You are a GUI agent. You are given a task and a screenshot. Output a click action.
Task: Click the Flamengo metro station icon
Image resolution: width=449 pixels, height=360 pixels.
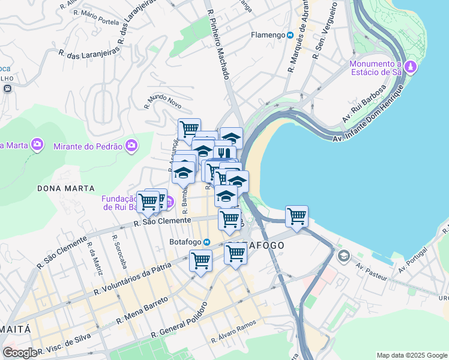click(x=290, y=35)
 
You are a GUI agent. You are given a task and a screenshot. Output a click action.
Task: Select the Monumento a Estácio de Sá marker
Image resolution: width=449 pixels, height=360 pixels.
click(x=411, y=67)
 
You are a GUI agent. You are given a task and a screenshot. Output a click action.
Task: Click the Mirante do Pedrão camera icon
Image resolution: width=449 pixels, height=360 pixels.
click(x=131, y=145)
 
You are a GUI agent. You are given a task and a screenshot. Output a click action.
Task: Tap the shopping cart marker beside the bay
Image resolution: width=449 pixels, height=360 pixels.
click(x=297, y=216)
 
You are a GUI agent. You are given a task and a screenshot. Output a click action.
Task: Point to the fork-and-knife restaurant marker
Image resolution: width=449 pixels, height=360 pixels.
click(x=224, y=154)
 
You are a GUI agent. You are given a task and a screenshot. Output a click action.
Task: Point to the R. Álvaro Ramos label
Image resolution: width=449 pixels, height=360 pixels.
click(x=234, y=331)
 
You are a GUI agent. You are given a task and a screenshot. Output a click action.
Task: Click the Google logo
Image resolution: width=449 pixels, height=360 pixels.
click(x=21, y=353)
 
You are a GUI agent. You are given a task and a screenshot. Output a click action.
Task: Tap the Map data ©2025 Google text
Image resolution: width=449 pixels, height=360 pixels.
click(x=411, y=355)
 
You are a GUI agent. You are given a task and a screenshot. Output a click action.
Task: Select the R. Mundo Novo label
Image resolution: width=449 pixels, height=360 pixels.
click(x=163, y=101)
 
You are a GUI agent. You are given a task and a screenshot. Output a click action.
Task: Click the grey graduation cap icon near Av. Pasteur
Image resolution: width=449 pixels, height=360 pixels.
click(x=343, y=257)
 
